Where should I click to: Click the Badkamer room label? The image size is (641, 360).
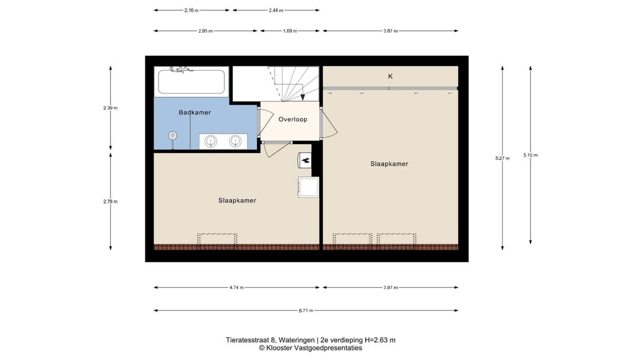pyautogui.click(x=195, y=112)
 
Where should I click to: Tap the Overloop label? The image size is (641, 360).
pyautogui.click(x=293, y=119)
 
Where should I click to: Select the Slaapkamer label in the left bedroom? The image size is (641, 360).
pyautogui.click(x=237, y=200)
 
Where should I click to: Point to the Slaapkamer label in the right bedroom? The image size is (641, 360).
pyautogui.click(x=389, y=164)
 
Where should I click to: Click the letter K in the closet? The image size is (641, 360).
pyautogui.click(x=391, y=77)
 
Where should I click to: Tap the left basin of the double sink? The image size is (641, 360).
pyautogui.click(x=210, y=141)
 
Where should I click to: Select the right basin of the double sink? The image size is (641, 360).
pyautogui.click(x=235, y=141)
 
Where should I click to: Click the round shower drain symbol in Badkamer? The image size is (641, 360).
pyautogui.click(x=173, y=135)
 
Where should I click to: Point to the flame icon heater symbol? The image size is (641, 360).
pyautogui.click(x=306, y=160)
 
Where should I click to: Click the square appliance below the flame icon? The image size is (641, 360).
pyautogui.click(x=309, y=187)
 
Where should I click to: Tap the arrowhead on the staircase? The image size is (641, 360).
pyautogui.click(x=303, y=97)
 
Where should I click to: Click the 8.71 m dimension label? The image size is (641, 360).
pyautogui.click(x=306, y=310)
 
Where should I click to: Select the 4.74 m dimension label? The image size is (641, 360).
pyautogui.click(x=237, y=288)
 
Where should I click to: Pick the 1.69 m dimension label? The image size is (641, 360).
pyautogui.click(x=290, y=31)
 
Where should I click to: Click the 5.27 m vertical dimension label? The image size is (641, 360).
pyautogui.click(x=502, y=158)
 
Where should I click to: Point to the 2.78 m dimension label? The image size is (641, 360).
pyautogui.click(x=110, y=202)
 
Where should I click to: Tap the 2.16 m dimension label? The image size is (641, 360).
pyautogui.click(x=191, y=10)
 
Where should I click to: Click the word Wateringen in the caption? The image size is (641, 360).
pyautogui.click(x=297, y=340)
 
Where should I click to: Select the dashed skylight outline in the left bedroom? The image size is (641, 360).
pyautogui.click(x=217, y=238)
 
